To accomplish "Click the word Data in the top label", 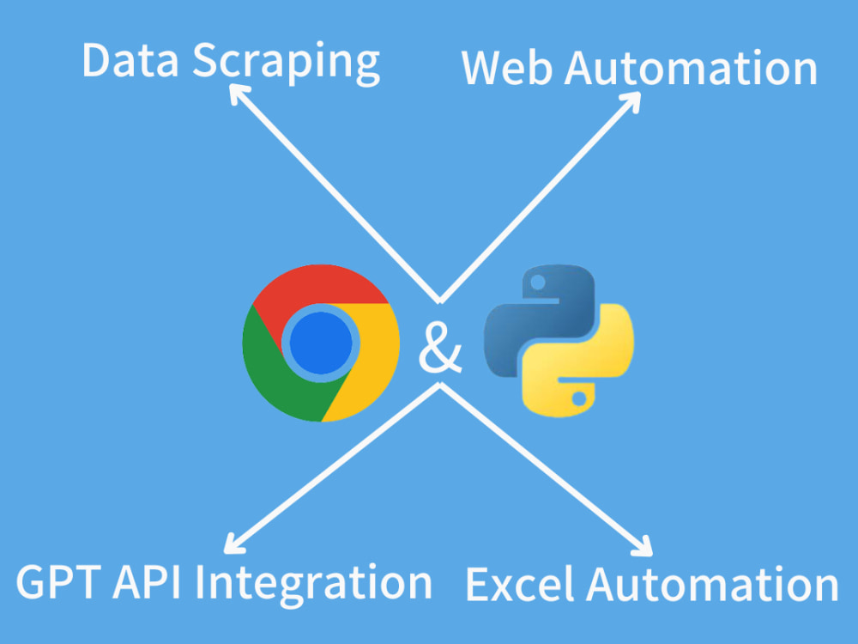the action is point(130,60).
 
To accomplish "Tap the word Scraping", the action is point(287,63).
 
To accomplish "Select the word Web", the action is point(507,68).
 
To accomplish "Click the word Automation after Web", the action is point(691,69).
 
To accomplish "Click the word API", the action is point(148,582).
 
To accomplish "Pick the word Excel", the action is point(519,584).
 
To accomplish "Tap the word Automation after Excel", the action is point(712,585).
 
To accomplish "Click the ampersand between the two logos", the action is point(440,349).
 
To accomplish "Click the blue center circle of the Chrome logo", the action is point(321,343).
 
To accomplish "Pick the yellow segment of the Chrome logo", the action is point(372,367).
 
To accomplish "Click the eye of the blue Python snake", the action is point(537,283).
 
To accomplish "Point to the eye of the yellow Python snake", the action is point(579,398).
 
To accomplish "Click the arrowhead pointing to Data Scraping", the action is point(238,93).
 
